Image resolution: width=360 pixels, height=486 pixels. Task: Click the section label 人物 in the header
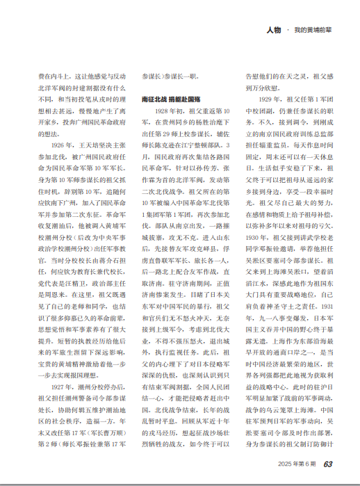pos(273,30)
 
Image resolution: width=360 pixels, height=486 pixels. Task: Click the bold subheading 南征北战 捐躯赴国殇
pos(170,100)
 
